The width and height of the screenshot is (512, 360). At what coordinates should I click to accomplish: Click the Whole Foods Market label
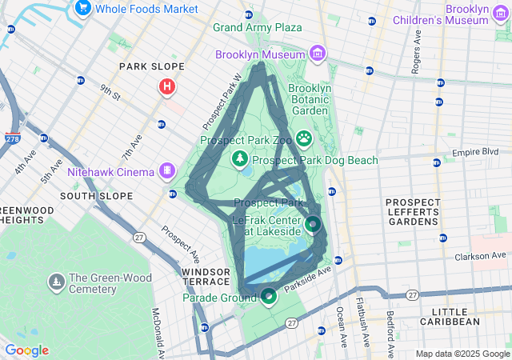tap(146, 8)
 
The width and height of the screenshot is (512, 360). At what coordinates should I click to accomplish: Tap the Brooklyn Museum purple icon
tap(318, 54)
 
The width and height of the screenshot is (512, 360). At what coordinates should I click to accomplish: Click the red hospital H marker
tap(167, 86)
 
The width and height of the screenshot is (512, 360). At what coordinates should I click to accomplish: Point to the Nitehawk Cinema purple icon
tap(167, 170)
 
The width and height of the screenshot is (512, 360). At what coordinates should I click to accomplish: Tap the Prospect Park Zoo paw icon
tap(305, 139)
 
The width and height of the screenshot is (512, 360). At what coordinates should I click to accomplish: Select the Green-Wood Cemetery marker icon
tap(57, 281)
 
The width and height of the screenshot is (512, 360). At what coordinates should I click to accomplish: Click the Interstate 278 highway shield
tap(12, 138)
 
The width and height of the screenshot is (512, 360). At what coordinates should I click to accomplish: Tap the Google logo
tap(26, 350)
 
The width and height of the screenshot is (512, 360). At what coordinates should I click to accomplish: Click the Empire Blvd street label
tap(474, 152)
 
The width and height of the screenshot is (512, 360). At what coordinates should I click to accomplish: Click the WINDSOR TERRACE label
tap(206, 278)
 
